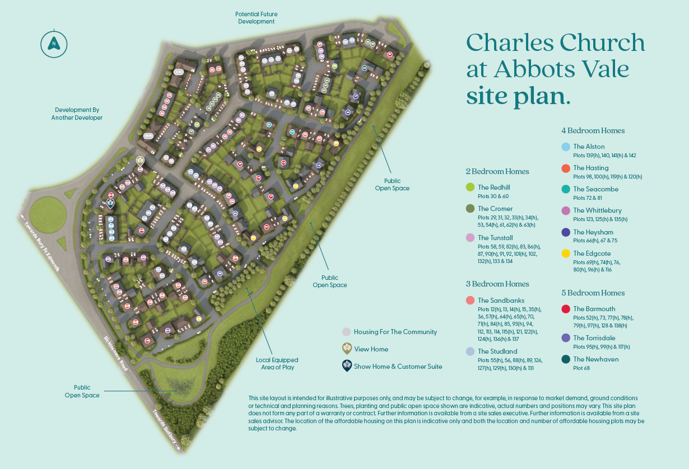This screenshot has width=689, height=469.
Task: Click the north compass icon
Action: pos(54,43)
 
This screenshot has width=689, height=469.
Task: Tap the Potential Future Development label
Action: pos(256,18)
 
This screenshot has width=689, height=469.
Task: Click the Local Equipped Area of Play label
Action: pos(277,364)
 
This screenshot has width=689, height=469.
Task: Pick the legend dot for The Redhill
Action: pos(471,187)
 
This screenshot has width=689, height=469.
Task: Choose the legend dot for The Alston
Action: pos(566,147)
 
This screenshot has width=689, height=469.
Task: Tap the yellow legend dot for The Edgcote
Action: pos(566,254)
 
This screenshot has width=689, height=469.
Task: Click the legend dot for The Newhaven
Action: pos(566,359)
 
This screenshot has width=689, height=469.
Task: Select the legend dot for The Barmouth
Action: pos(566,309)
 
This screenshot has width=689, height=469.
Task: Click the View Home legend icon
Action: pos(347,349)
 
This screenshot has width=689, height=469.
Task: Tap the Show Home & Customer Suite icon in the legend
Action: pos(347,366)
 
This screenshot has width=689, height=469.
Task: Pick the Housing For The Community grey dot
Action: pos(347,332)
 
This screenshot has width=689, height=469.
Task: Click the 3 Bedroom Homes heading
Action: pos(497,284)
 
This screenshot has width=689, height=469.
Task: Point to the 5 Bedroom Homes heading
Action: pos(593,293)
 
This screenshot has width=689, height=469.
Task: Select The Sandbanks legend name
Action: pos(501,301)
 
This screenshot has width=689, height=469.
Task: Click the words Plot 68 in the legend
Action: pos(581,368)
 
